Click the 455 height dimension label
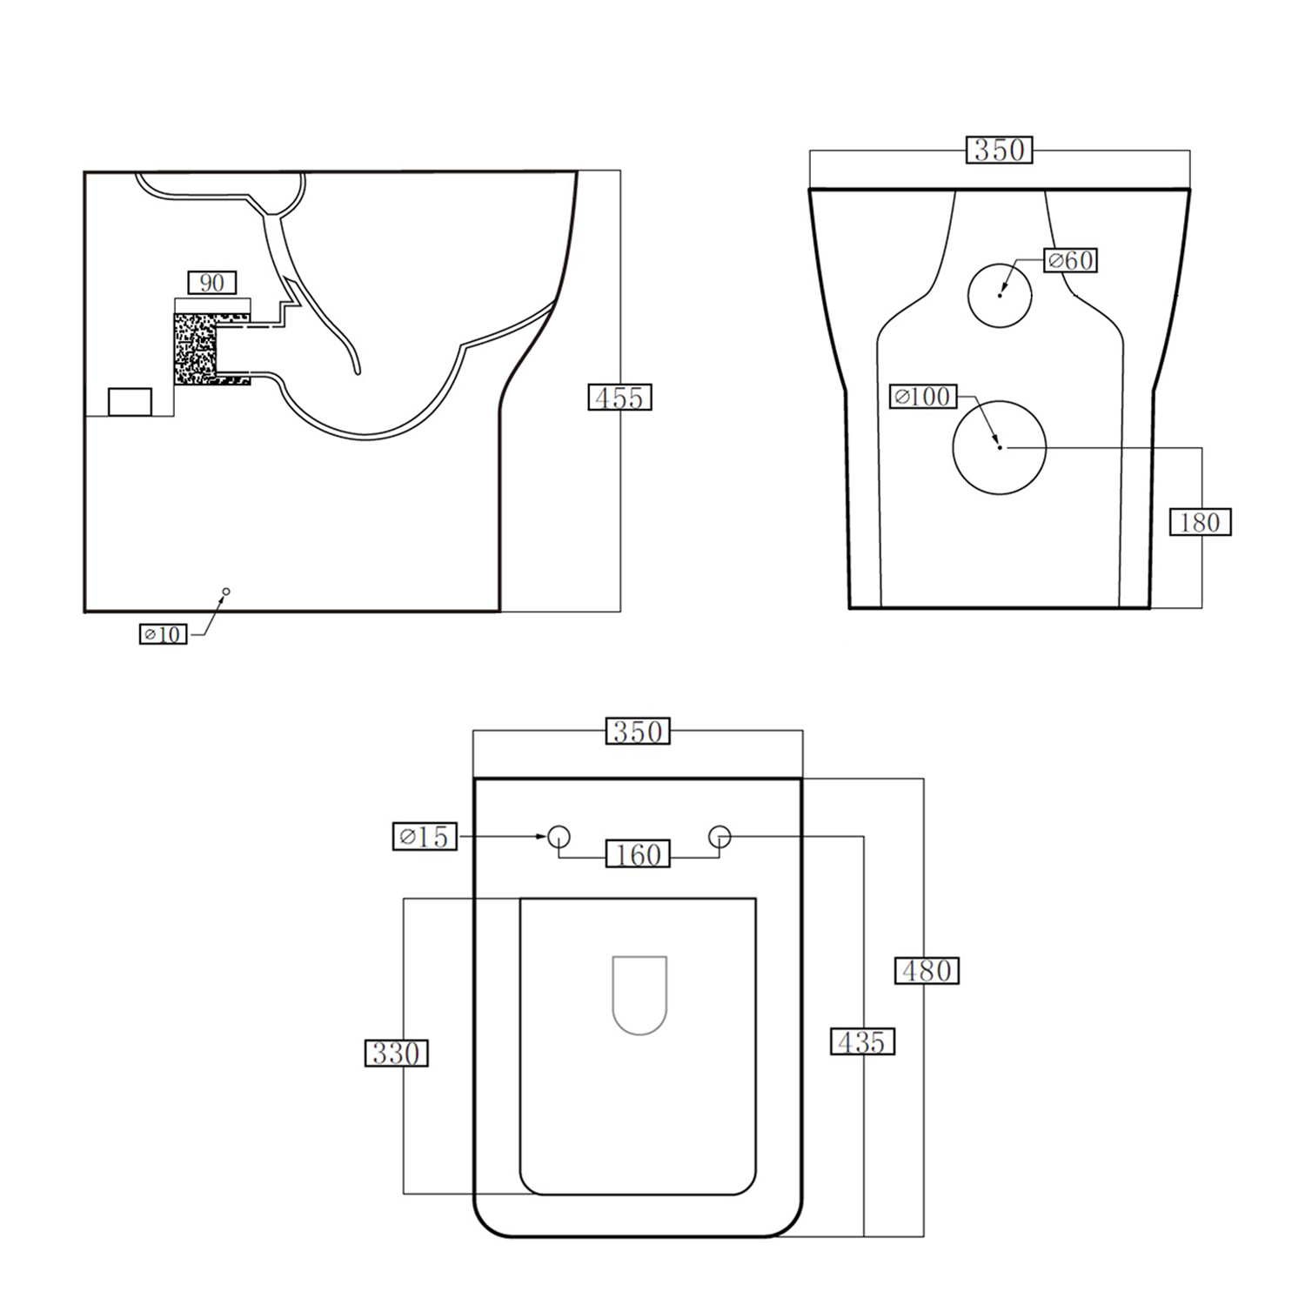tap(619, 398)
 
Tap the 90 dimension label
tap(212, 283)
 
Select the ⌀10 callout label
tap(163, 634)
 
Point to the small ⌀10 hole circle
tap(226, 592)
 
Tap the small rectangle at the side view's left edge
tap(130, 402)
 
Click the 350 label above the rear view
tap(1000, 150)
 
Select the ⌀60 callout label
tap(1070, 260)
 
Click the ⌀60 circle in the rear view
tap(1000, 295)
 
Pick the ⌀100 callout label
tap(923, 397)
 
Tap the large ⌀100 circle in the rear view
tap(1000, 447)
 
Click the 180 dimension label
tap(1200, 522)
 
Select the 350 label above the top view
tap(638, 732)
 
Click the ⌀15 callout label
tap(425, 837)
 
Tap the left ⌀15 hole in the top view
tap(559, 837)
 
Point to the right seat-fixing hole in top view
tap(719, 837)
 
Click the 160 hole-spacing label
tap(638, 855)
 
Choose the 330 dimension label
tap(396, 1054)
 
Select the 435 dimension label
tap(862, 1041)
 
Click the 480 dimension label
tap(927, 970)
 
